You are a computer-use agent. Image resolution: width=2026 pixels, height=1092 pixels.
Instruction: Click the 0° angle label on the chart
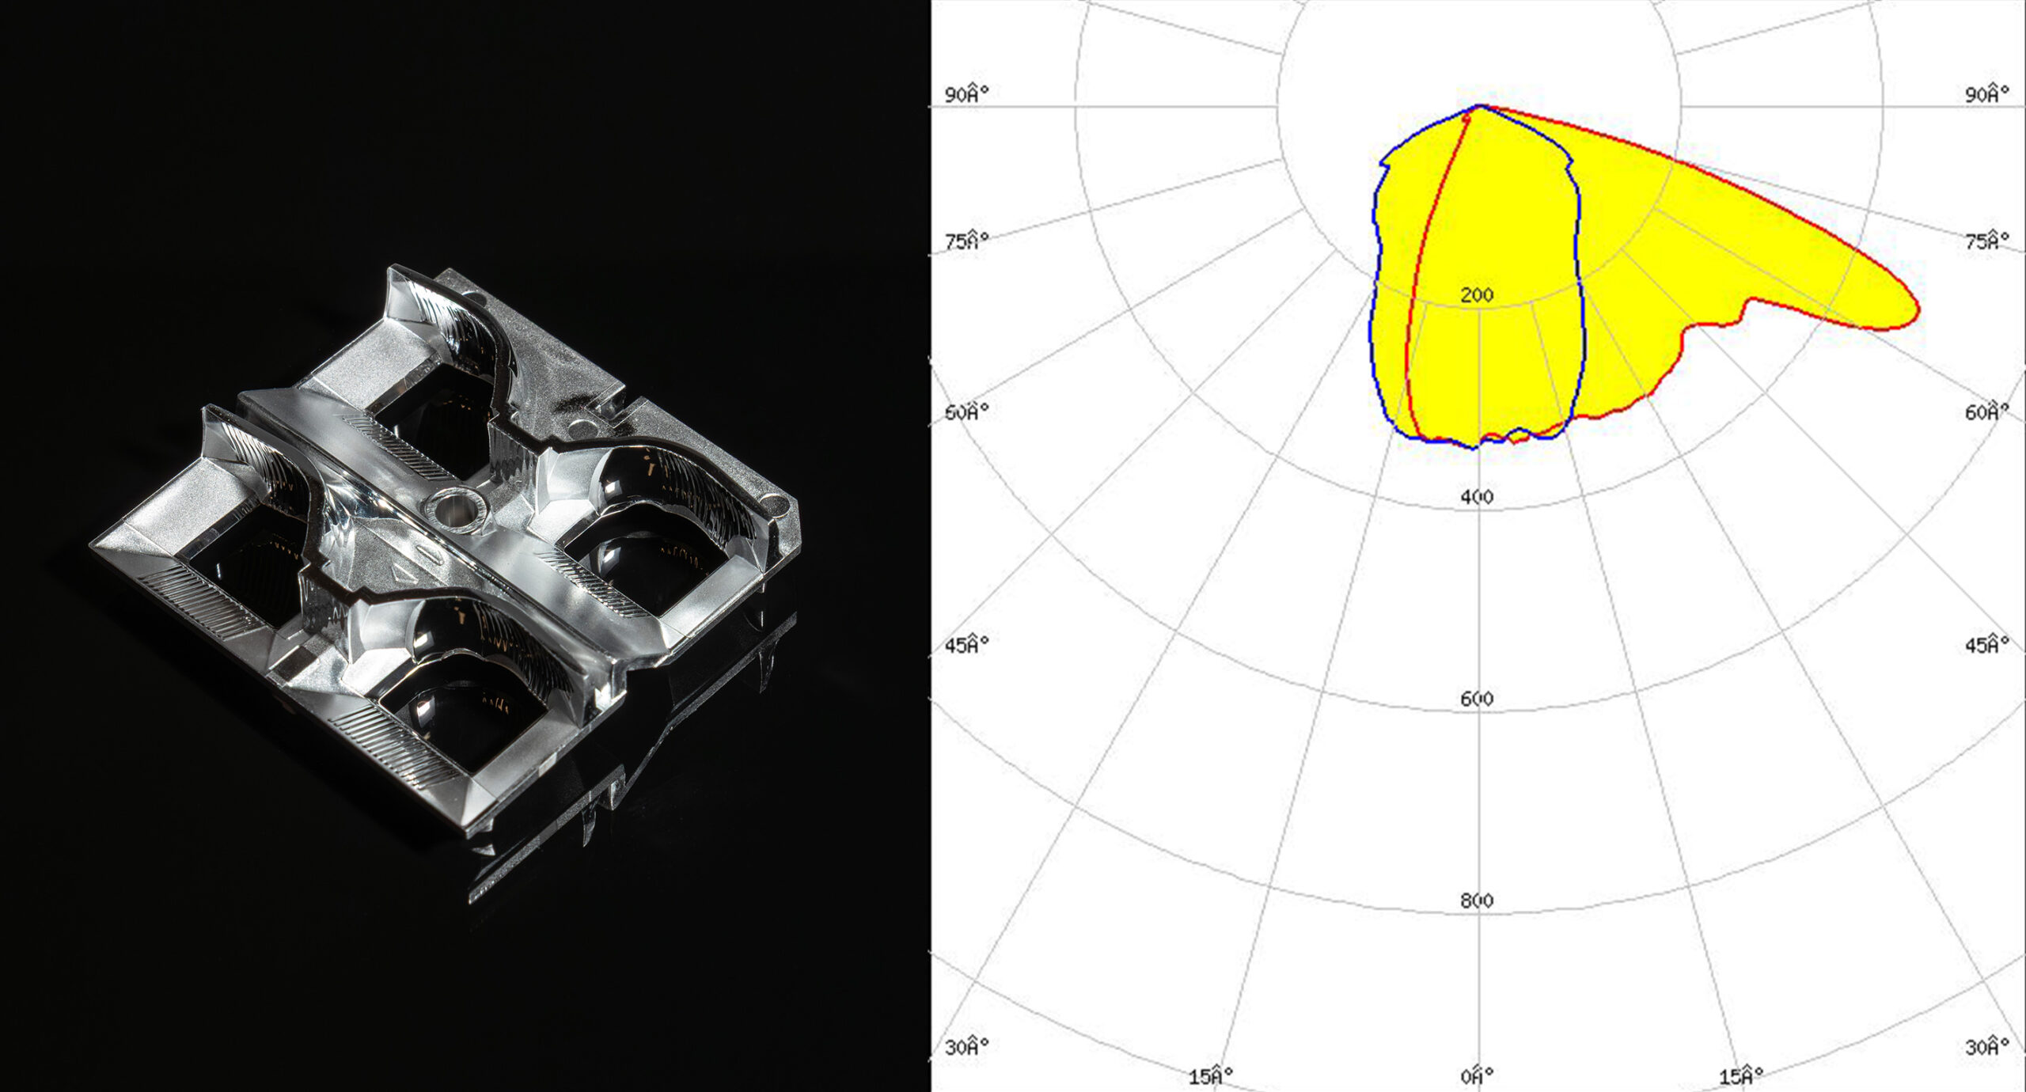(1477, 1075)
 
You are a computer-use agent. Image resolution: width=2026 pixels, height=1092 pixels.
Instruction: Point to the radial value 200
(1477, 295)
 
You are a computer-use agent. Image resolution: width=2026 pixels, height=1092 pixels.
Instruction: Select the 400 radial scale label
(1477, 497)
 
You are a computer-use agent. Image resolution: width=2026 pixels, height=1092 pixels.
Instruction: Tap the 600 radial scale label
(1477, 699)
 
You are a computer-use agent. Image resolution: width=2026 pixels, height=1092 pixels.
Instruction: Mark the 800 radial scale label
(1477, 901)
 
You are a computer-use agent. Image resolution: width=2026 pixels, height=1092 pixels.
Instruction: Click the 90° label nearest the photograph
(967, 94)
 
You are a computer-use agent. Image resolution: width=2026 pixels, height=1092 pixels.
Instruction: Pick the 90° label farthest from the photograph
(1987, 94)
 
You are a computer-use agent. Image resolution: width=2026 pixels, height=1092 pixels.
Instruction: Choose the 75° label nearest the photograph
(967, 241)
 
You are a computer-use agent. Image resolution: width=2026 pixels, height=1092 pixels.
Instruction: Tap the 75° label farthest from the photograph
(1987, 241)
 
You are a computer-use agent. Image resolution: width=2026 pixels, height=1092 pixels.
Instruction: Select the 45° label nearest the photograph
(967, 644)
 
